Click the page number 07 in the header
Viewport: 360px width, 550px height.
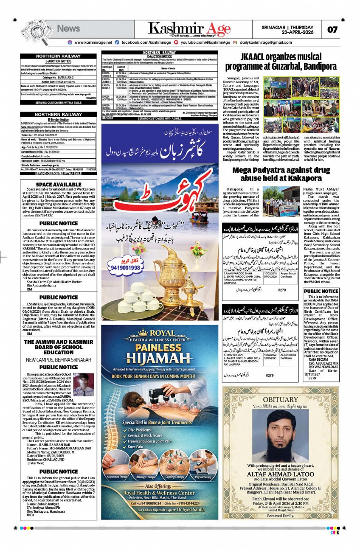point(332,30)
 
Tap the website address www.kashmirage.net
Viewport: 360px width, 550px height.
point(93,42)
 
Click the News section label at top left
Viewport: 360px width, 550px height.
point(68,28)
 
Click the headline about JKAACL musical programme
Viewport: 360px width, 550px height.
point(281,62)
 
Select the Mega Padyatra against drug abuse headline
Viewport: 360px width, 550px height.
point(281,174)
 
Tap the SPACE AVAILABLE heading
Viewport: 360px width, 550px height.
point(59,185)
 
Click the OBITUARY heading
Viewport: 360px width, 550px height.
point(280,399)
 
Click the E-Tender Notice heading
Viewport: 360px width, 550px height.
point(58,120)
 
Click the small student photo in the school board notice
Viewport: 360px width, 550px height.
point(83,384)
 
